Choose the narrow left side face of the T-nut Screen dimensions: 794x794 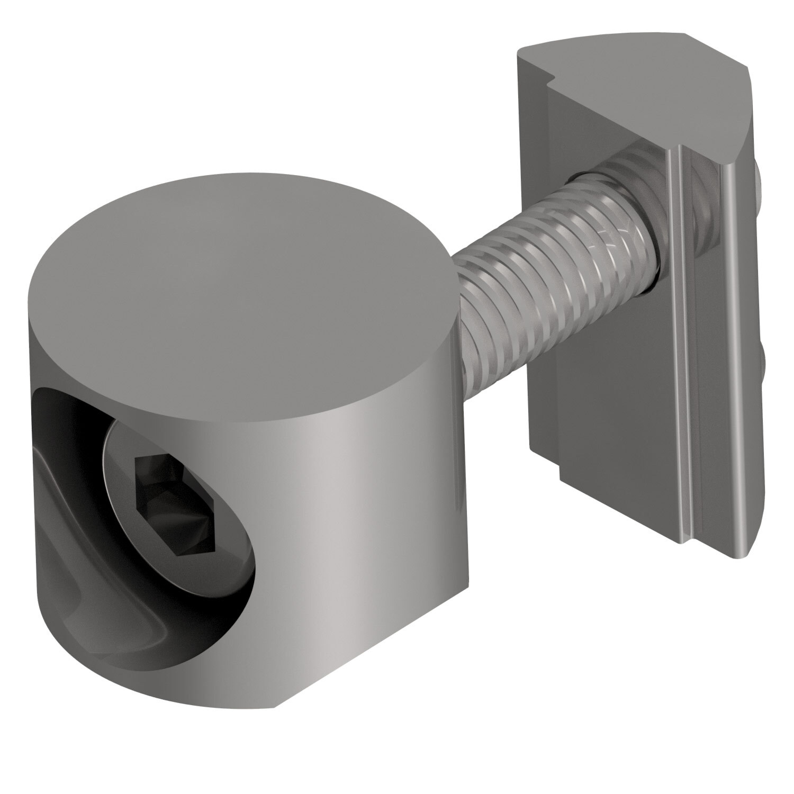529,265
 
